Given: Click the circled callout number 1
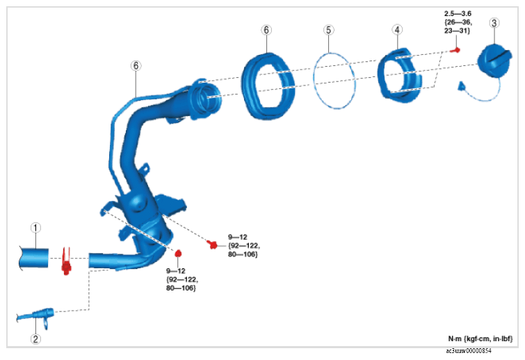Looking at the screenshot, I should point(35,227).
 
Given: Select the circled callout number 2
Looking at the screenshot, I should point(35,339).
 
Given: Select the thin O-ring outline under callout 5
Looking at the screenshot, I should point(334,79).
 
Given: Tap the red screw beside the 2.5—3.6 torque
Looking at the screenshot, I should point(455,50).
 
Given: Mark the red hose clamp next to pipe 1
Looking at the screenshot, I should point(67,261).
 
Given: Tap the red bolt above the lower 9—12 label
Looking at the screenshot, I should point(178,252).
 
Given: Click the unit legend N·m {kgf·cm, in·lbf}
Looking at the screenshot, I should point(480,338).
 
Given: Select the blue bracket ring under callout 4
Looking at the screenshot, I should point(400,74).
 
